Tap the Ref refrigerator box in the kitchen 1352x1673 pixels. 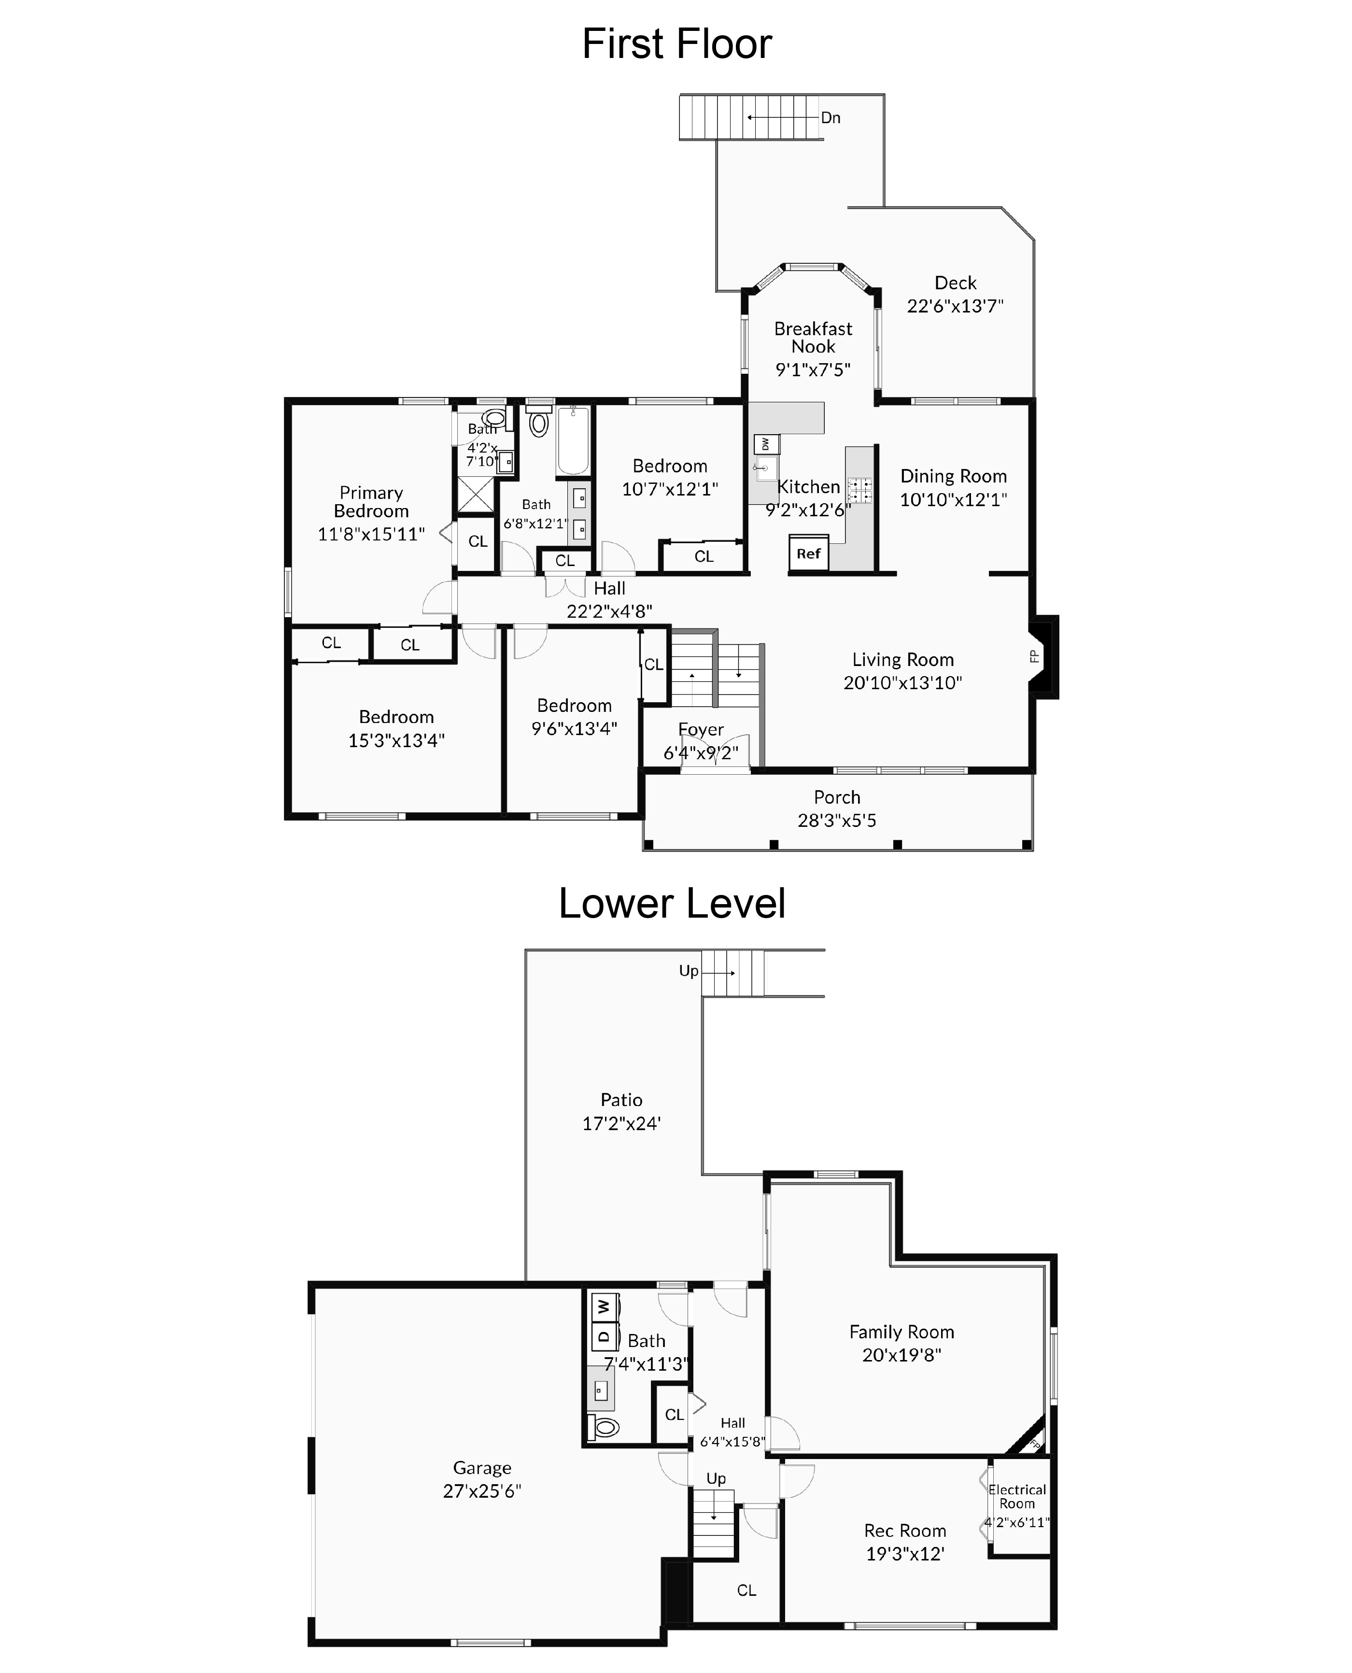tap(808, 554)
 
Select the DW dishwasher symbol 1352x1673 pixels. tap(765, 444)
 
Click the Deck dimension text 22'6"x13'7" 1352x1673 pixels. tap(955, 306)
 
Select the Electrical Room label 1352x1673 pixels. tap(1017, 1496)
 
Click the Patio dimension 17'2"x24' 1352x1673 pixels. tap(621, 1123)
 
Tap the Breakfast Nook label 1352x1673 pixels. tap(813, 337)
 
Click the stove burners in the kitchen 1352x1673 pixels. tap(860, 490)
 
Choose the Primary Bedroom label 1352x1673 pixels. tap(371, 502)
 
